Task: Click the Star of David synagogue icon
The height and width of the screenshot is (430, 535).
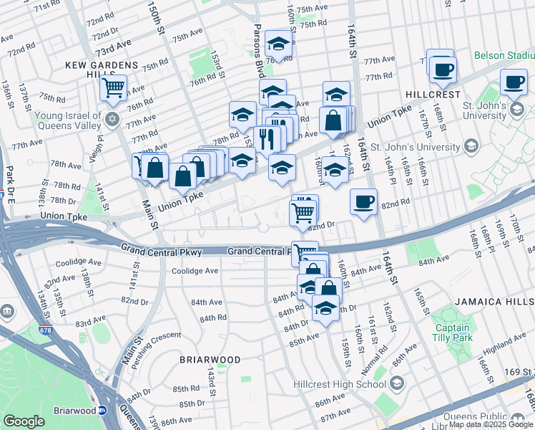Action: click(x=112, y=118)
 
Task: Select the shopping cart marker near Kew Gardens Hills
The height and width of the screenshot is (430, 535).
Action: click(x=113, y=87)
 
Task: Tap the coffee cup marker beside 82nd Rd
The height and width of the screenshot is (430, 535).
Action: click(x=363, y=200)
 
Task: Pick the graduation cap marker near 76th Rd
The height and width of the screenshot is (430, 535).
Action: click(x=278, y=44)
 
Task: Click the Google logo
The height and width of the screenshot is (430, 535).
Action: click(x=24, y=421)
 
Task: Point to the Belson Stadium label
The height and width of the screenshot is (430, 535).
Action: click(x=504, y=55)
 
